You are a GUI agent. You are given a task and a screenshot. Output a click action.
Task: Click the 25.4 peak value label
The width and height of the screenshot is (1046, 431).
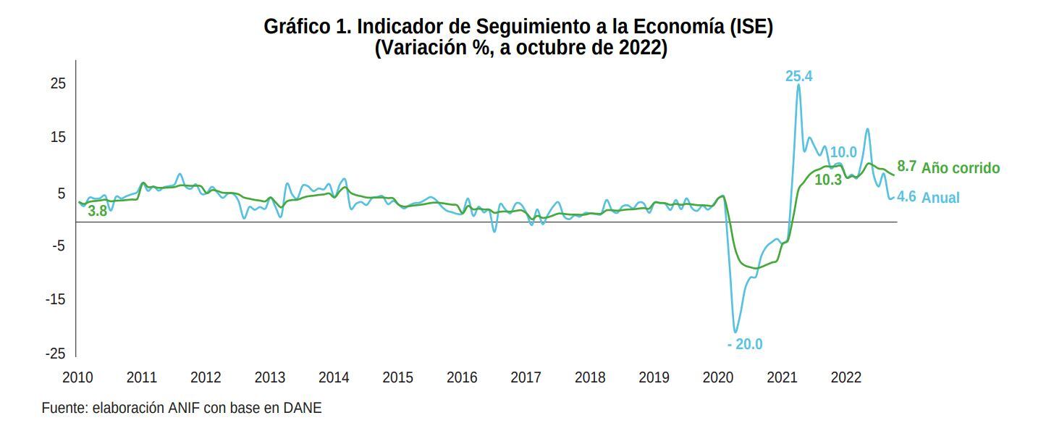click(799, 76)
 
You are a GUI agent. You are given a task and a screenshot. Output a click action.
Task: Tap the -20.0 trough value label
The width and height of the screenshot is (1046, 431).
click(745, 344)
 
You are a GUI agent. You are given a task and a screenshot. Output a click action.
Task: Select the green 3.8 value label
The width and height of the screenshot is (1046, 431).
click(97, 212)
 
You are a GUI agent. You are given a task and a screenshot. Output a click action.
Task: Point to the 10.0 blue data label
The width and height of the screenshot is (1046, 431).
click(843, 152)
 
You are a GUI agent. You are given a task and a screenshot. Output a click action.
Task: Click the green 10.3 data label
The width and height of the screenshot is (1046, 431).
click(828, 180)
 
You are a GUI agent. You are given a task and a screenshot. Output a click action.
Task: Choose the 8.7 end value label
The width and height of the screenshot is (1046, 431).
click(907, 166)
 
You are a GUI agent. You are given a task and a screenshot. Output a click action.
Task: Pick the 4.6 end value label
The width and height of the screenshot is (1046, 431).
click(907, 196)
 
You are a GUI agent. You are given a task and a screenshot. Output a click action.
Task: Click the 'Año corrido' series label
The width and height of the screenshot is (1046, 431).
click(961, 168)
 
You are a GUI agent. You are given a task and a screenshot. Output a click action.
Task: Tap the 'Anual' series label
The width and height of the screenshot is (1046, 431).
click(940, 198)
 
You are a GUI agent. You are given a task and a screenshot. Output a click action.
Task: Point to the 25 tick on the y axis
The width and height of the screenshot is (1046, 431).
click(58, 84)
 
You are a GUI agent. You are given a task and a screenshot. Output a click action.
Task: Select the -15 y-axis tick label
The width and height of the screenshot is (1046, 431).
click(56, 299)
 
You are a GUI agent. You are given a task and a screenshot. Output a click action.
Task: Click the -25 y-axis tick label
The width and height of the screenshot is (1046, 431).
click(56, 353)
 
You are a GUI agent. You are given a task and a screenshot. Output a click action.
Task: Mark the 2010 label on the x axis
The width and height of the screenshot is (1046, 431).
click(77, 377)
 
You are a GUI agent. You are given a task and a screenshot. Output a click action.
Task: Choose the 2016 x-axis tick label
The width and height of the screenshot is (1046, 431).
click(462, 377)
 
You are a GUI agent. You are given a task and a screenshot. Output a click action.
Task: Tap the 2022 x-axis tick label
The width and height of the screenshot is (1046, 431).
click(845, 377)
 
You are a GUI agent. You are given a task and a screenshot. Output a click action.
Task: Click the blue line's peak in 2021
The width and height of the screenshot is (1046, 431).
click(798, 85)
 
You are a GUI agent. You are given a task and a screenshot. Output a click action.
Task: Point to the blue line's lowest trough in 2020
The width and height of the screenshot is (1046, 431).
click(735, 332)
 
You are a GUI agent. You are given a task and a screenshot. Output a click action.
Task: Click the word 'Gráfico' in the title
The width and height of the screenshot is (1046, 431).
click(295, 28)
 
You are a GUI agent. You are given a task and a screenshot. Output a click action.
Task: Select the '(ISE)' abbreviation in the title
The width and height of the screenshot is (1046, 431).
click(752, 28)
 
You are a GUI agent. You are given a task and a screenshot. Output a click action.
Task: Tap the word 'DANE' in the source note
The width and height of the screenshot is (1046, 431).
click(304, 408)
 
